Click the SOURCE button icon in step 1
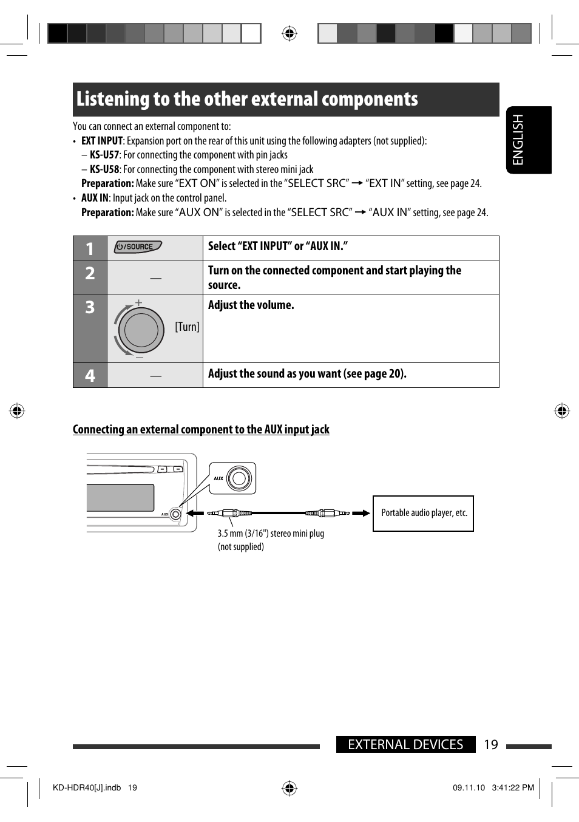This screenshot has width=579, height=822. [138, 246]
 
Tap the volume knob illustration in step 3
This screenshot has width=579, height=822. [141, 330]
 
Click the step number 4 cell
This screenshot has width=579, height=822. [90, 375]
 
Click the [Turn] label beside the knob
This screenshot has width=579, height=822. [187, 327]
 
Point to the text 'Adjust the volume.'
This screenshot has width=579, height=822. [251, 305]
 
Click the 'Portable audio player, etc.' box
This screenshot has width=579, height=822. [423, 513]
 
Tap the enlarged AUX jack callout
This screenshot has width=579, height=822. [233, 478]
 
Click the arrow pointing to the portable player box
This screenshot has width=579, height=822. [361, 513]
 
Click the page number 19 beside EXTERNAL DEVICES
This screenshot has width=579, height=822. [490, 744]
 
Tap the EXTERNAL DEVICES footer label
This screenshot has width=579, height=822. [405, 744]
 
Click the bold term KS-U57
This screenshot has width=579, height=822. [104, 155]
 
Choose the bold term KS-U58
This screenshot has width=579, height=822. [104, 169]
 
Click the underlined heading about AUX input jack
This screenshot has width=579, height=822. [201, 429]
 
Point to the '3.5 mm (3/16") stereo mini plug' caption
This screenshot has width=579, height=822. [271, 533]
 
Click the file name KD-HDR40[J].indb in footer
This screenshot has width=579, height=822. [87, 787]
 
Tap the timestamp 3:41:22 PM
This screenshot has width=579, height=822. [513, 787]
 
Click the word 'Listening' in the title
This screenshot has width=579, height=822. [113, 99]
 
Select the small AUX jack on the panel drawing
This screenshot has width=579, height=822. [175, 514]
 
